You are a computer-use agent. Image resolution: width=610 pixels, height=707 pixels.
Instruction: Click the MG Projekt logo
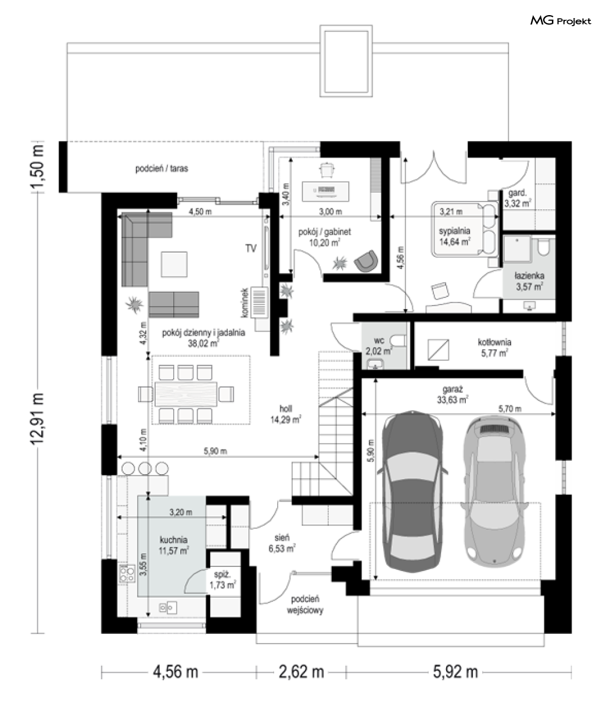[x=561, y=21]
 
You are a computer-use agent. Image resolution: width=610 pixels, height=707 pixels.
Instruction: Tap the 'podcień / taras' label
[x=162, y=168]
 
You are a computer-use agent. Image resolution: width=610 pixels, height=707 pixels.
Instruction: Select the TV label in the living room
[x=251, y=248]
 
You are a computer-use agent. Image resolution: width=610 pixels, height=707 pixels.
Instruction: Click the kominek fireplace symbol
[x=259, y=302]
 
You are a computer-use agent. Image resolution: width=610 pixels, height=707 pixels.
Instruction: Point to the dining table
[x=186, y=394]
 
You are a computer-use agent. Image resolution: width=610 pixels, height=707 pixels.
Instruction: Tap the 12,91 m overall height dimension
[x=37, y=419]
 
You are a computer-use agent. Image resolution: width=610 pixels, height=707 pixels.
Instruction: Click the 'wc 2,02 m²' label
[x=379, y=346]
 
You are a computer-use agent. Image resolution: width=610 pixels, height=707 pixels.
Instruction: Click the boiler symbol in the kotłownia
[x=438, y=350]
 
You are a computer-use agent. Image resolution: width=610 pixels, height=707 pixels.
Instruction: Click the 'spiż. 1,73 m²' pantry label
[x=223, y=580]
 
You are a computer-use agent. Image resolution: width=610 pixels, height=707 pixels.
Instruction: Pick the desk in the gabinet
[x=326, y=191]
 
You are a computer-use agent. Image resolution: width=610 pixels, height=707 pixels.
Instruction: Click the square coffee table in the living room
[x=174, y=264]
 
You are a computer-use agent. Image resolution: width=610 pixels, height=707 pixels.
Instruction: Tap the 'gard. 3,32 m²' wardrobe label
[x=518, y=198]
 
